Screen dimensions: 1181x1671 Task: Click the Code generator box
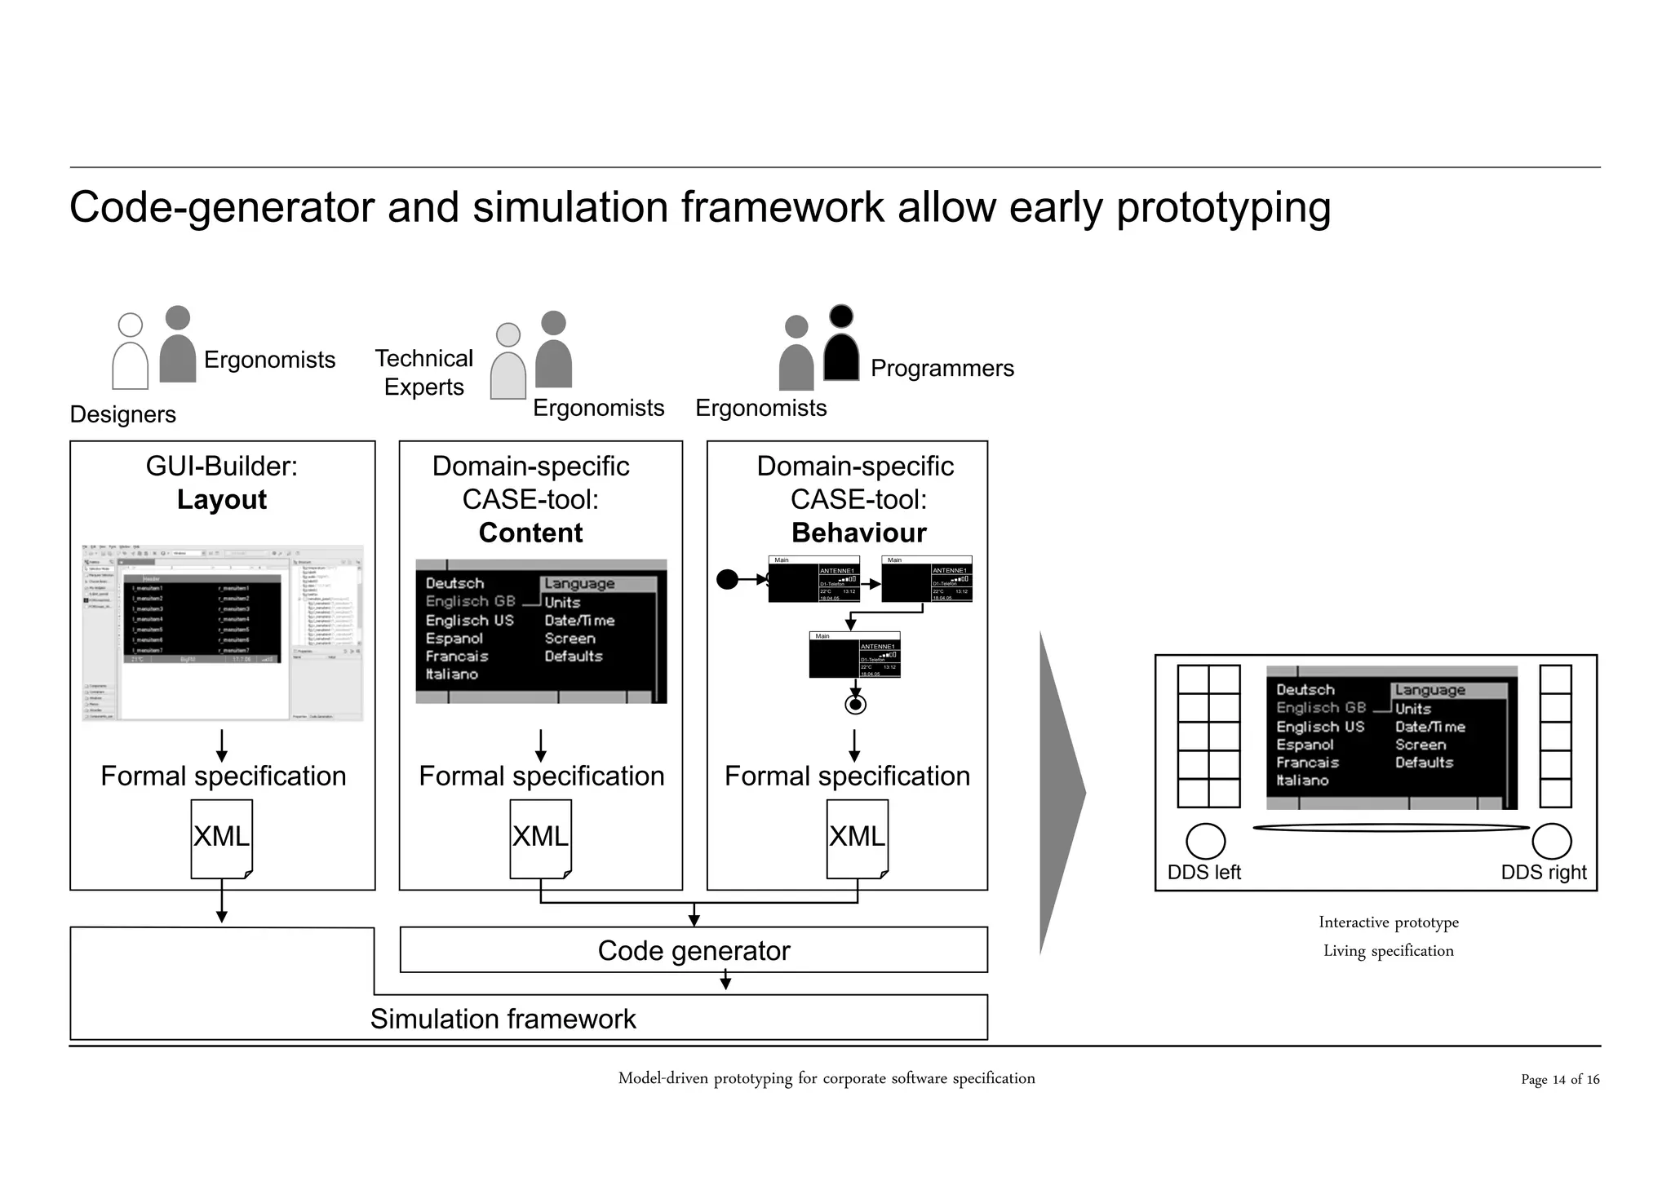tap(694, 950)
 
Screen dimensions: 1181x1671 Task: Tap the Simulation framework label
tap(503, 1019)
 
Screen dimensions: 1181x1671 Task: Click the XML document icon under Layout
tap(221, 838)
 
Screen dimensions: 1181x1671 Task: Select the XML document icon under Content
tap(540, 838)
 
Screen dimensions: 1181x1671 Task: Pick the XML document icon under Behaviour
tap(857, 838)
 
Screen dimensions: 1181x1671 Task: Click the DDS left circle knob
tap(1205, 841)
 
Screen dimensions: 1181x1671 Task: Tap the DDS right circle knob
tap(1551, 841)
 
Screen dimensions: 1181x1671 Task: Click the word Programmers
tap(942, 368)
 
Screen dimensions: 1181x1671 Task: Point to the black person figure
tap(841, 347)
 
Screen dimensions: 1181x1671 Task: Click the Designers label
tap(123, 414)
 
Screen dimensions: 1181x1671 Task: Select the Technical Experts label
tap(423, 373)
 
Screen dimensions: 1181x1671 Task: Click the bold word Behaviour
tap(858, 533)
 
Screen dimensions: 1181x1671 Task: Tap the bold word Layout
tap(222, 499)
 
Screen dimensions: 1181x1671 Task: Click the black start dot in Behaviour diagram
tap(726, 580)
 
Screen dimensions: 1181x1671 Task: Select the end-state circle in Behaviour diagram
tap(855, 705)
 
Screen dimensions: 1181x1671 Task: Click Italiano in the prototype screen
tap(1302, 781)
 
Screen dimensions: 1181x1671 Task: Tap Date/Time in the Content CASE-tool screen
tap(579, 621)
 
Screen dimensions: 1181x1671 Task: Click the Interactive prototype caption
tap(1388, 922)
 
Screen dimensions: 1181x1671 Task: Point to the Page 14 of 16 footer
tap(1559, 1079)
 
